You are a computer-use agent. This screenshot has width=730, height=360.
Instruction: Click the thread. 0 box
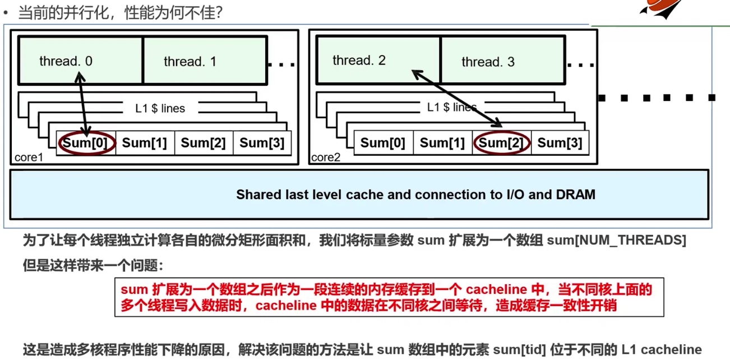[80, 61]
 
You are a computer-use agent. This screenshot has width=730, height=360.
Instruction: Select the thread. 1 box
[205, 61]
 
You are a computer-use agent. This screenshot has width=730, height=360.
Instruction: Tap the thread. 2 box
[378, 61]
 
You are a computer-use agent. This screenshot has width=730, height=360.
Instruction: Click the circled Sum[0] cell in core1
[87, 143]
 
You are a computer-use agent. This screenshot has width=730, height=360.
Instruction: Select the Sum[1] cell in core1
[145, 143]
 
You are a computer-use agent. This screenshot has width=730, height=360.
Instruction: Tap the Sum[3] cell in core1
[262, 143]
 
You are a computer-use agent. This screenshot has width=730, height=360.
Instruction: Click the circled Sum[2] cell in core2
[501, 143]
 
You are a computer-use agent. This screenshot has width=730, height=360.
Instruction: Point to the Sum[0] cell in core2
[382, 143]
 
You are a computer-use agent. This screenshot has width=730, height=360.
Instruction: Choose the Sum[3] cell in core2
[560, 143]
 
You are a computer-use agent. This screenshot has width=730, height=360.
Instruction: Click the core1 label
[29, 158]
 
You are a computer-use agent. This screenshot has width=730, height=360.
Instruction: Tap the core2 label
[326, 158]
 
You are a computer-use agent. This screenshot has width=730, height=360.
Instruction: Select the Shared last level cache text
[415, 195]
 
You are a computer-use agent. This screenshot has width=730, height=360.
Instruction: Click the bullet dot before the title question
[6, 12]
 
